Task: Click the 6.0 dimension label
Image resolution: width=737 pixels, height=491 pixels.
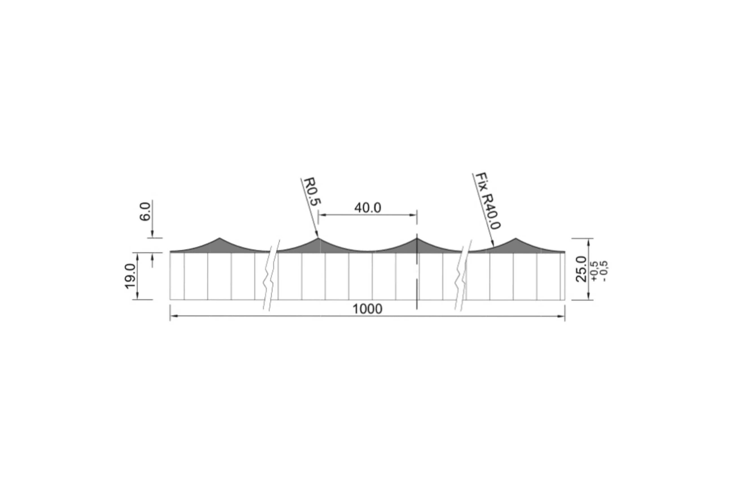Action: coord(145,211)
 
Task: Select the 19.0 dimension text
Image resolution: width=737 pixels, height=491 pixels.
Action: coord(130,276)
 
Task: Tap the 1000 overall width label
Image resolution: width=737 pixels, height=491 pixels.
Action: coord(368,309)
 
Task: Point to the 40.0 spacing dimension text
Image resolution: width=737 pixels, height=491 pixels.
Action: coord(368,208)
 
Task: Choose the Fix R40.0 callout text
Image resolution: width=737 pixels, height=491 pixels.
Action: coord(488,201)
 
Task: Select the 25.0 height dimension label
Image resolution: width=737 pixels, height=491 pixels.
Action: coord(582,269)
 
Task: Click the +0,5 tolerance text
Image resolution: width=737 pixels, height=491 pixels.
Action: coord(594,271)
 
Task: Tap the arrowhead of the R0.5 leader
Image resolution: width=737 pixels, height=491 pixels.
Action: coord(317,234)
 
